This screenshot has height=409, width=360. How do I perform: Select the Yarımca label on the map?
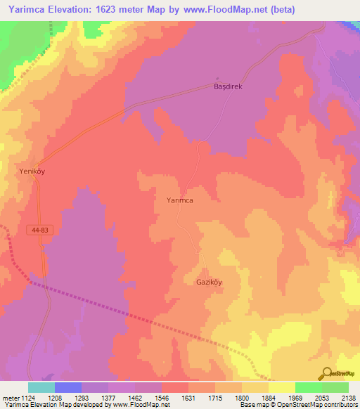coord(175,200)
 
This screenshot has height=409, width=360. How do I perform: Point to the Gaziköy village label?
coord(208,283)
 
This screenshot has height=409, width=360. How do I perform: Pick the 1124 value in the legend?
coord(27,398)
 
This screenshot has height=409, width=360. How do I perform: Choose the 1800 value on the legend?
coord(243,398)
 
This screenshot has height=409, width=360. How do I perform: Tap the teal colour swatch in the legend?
coord(41,387)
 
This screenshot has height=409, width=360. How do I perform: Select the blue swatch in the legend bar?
coord(68,387)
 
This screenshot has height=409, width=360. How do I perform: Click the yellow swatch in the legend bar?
coord(282,387)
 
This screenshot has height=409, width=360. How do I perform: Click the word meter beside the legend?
coord(9,398)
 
